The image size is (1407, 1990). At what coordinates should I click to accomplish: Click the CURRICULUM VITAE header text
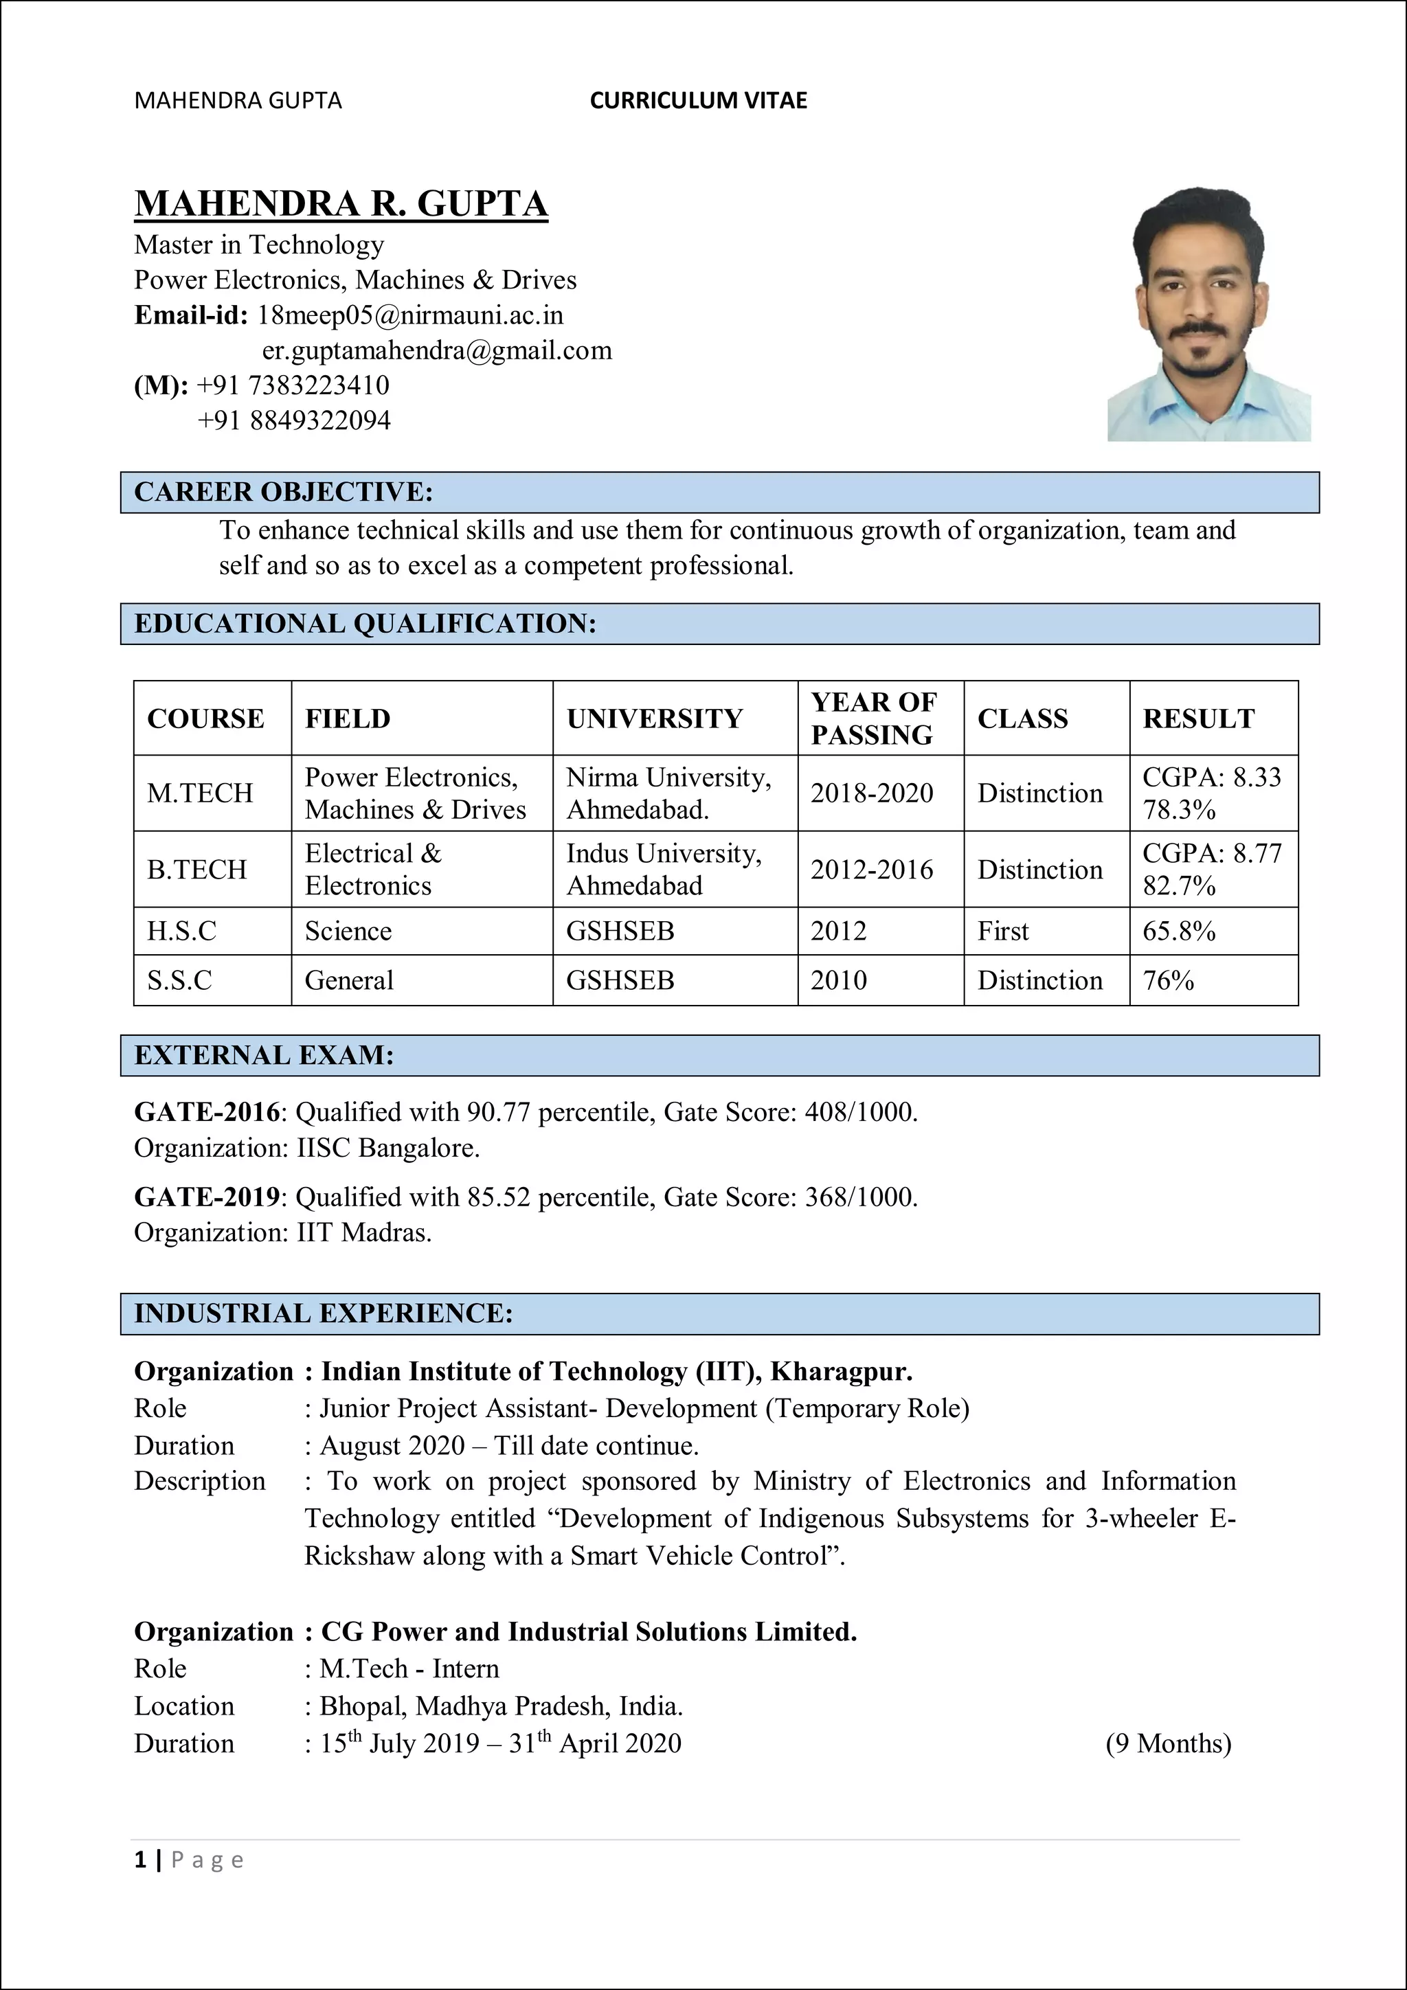(x=698, y=100)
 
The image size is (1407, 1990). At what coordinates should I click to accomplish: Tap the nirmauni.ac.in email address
(x=410, y=315)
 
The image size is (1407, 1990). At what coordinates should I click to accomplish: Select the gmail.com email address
(x=437, y=350)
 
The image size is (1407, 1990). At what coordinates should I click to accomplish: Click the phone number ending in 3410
(x=293, y=385)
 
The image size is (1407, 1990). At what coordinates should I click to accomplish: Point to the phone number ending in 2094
(x=294, y=420)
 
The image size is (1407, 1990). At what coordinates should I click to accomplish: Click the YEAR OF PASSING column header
(x=874, y=718)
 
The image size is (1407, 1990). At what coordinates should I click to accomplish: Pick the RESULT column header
(x=1198, y=719)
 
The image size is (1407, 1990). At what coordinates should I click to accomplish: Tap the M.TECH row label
(x=200, y=793)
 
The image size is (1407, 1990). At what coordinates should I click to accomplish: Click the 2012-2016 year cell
(x=871, y=870)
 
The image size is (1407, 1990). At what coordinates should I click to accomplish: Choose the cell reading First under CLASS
(x=1003, y=931)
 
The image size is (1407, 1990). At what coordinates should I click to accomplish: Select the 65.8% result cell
(x=1179, y=931)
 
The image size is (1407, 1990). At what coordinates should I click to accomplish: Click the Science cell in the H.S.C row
(x=348, y=931)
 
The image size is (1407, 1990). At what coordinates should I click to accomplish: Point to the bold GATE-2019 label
(x=206, y=1197)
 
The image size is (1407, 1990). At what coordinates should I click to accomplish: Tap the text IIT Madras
(x=364, y=1232)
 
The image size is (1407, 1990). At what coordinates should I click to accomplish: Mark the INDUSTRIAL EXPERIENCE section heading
(x=324, y=1313)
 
